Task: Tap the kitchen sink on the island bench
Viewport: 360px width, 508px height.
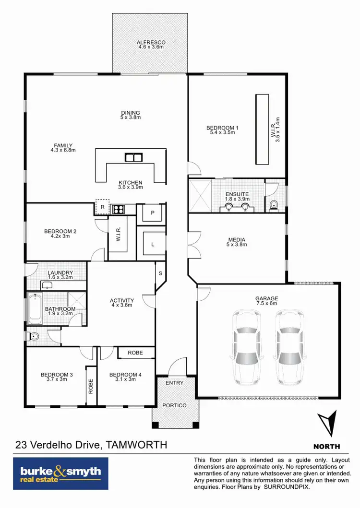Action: click(133, 157)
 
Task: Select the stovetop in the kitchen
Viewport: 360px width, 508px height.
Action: click(118, 209)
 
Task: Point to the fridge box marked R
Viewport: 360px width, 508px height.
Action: click(102, 207)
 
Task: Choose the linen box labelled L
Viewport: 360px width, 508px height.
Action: click(153, 244)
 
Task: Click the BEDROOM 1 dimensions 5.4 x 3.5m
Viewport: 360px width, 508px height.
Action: click(222, 133)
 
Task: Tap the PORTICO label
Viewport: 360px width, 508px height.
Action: click(175, 405)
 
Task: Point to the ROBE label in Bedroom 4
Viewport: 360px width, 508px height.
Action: click(135, 353)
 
